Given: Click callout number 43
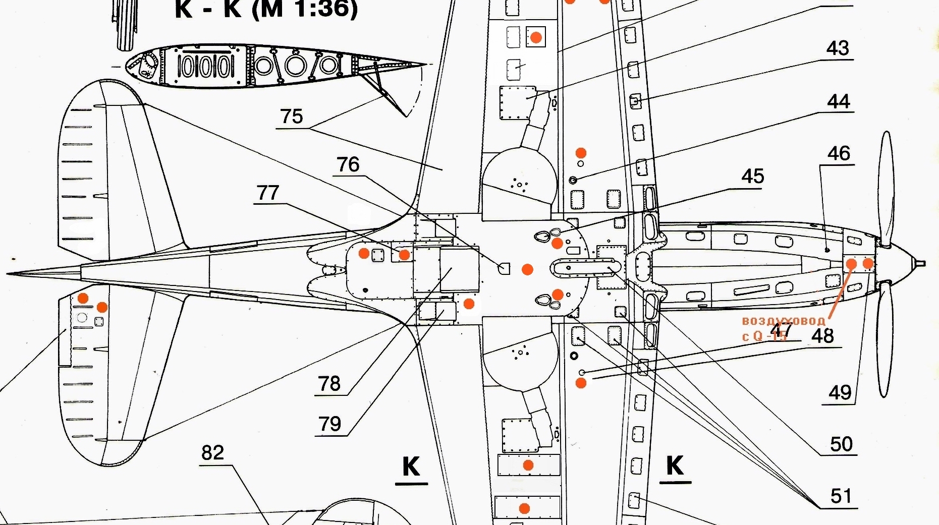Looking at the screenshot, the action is click(x=838, y=48).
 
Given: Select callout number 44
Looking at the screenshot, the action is click(x=839, y=102).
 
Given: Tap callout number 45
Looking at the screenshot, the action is click(x=753, y=177).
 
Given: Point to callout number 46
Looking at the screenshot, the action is click(x=839, y=153).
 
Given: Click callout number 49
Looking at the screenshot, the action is click(x=840, y=392).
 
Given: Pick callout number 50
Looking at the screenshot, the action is click(x=842, y=444).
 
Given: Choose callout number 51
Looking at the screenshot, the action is click(x=841, y=496).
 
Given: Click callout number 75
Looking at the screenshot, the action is click(x=292, y=116).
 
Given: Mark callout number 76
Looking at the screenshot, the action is click(x=348, y=164).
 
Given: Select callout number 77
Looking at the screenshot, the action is click(x=268, y=193).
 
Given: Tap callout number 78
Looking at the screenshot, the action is click(x=329, y=384).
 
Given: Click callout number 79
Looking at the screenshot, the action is click(x=330, y=424).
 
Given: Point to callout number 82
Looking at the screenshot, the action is click(x=212, y=452).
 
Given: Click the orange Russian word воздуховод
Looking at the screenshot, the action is click(x=783, y=321).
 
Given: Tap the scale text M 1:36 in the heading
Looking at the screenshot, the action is click(x=304, y=9).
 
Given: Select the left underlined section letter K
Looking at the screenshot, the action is click(x=411, y=466).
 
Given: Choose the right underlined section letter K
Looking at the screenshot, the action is click(x=675, y=465).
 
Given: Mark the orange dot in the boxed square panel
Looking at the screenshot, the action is click(x=536, y=37).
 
